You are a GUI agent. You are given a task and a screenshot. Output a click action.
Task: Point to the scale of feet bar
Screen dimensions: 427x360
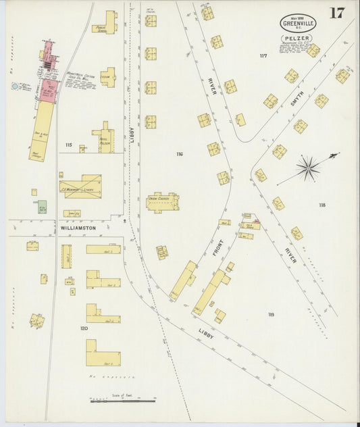click(x=122, y=401)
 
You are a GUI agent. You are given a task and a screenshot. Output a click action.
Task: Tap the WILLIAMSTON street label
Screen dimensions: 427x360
click(x=78, y=228)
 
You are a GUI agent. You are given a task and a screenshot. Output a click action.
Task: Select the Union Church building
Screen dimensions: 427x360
click(x=162, y=201)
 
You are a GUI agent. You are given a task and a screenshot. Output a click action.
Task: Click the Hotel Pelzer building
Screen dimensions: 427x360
click(x=103, y=138)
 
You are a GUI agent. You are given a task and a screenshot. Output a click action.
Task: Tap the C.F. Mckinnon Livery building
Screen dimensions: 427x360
click(x=80, y=186)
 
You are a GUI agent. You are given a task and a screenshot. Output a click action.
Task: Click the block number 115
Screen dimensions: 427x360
click(x=68, y=145)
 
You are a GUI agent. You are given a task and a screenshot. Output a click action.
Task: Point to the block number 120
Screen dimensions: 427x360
click(x=84, y=328)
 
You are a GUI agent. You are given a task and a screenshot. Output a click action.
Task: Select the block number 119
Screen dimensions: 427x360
click(x=272, y=315)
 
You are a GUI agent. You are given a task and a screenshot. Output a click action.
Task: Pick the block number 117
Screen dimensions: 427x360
click(x=263, y=55)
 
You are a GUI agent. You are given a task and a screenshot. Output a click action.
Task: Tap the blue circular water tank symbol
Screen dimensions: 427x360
click(x=15, y=86)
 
